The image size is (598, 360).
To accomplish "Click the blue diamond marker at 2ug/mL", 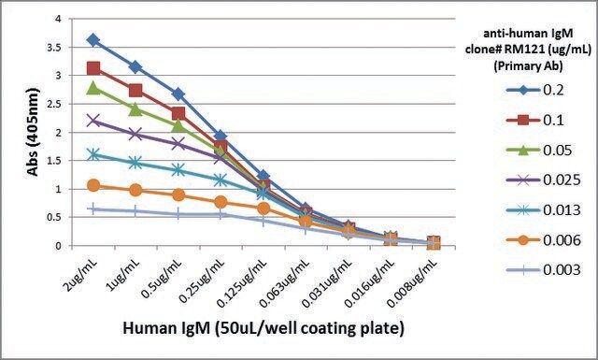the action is click(x=93, y=39).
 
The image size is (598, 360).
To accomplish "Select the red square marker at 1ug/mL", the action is click(x=135, y=91).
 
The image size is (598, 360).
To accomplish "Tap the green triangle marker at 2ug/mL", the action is click(x=93, y=89).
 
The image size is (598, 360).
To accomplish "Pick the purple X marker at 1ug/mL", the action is click(x=135, y=134).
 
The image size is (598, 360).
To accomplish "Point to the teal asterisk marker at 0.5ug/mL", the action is click(x=178, y=170).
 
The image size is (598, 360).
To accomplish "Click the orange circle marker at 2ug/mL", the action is click(x=93, y=186).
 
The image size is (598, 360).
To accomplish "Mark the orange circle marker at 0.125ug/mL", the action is click(x=263, y=209).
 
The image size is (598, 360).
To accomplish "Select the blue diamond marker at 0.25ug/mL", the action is click(x=221, y=136).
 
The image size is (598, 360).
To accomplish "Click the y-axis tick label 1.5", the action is click(x=54, y=161).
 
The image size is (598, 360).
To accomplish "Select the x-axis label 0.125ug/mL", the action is click(x=242, y=282).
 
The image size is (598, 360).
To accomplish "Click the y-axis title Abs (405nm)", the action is click(x=34, y=132).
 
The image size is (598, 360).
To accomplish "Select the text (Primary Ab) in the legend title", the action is click(x=528, y=66).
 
